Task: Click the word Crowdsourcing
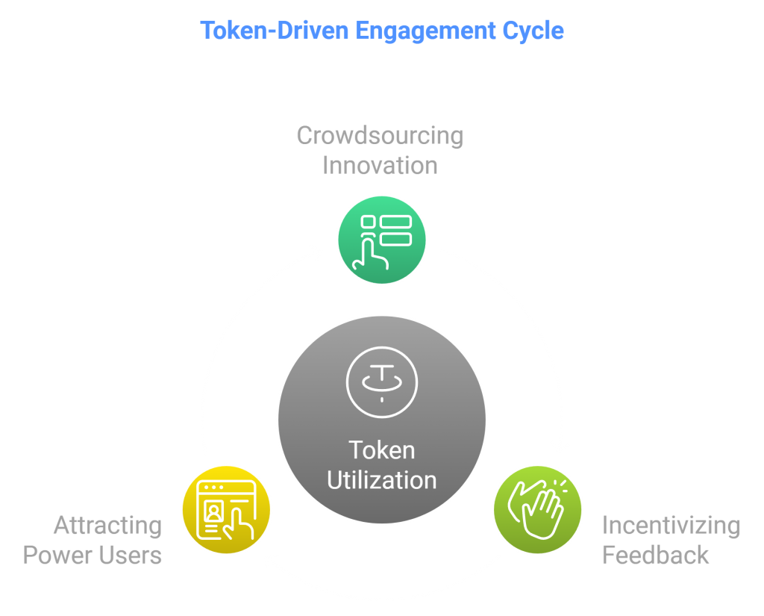click(x=380, y=136)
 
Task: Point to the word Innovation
click(x=380, y=164)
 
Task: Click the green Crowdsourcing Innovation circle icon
click(x=382, y=240)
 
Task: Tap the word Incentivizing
click(x=671, y=526)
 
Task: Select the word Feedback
click(x=655, y=555)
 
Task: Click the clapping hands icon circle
click(x=537, y=509)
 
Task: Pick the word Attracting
click(x=107, y=526)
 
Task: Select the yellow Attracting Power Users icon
click(x=227, y=509)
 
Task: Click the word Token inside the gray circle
click(x=381, y=450)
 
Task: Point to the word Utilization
click(x=381, y=479)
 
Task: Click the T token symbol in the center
click(x=381, y=382)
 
